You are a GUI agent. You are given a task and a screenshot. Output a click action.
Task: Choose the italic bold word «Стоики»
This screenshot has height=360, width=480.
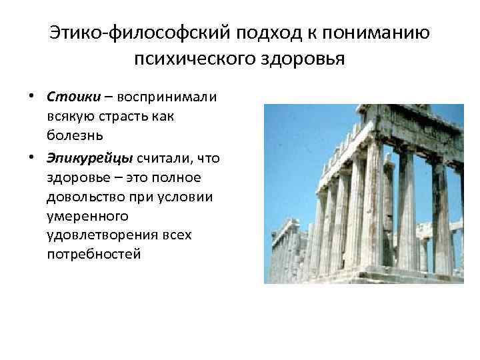pyautogui.click(x=73, y=96)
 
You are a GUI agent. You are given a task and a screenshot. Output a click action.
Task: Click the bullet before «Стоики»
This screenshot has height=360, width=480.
pyautogui.click(x=32, y=97)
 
